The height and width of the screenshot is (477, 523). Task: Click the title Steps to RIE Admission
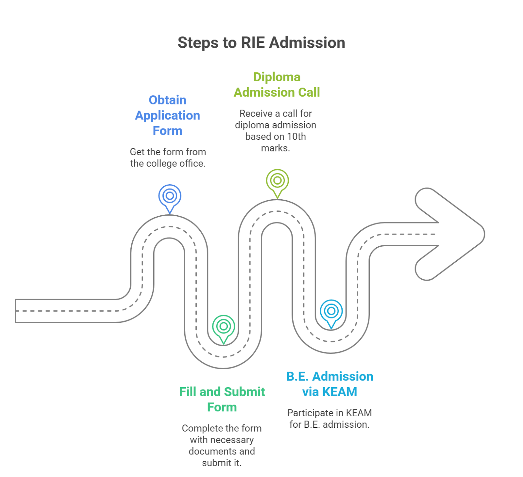(x=261, y=43)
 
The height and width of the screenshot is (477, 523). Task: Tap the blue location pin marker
(x=170, y=197)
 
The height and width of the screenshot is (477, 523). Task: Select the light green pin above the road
(x=277, y=181)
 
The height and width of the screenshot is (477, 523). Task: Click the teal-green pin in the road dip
(x=223, y=327)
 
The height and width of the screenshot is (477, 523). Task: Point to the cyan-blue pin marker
(x=331, y=312)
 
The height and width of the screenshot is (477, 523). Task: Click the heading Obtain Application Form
(x=167, y=115)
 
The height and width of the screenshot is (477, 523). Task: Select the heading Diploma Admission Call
(x=277, y=85)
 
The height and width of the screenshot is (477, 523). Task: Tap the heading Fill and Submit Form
(x=222, y=399)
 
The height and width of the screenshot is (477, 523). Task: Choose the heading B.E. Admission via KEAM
(x=329, y=384)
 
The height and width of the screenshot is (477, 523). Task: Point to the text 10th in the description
(x=296, y=137)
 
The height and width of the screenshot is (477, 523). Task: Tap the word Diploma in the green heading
(x=277, y=77)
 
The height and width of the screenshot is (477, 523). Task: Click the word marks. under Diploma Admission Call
(x=275, y=148)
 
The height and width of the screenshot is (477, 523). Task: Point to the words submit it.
(x=222, y=463)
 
